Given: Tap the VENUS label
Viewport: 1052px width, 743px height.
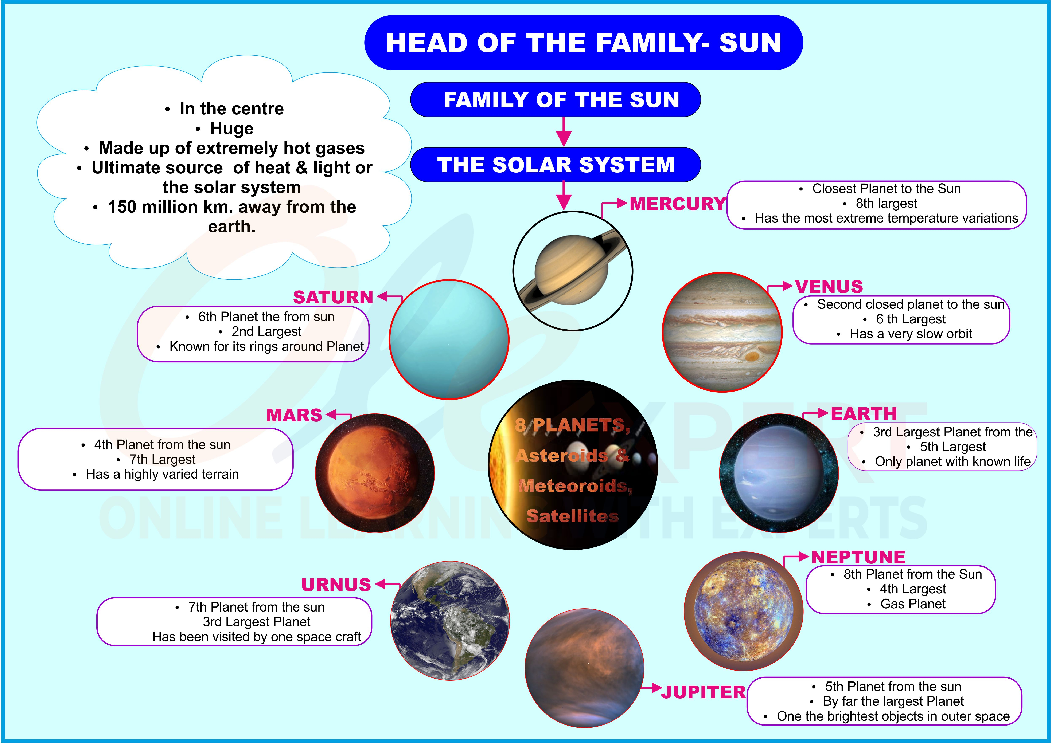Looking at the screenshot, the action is coord(829,287).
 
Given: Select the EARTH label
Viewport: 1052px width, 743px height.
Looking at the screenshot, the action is coord(864,414).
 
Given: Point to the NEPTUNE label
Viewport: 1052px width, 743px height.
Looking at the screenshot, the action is coord(858,557).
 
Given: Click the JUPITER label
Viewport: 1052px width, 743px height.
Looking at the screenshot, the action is coord(703,692).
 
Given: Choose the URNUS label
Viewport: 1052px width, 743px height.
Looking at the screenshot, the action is coord(336,585).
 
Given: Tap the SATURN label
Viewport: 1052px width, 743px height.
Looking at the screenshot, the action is coord(333,297).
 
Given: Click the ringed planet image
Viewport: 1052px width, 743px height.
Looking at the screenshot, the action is coord(573,271).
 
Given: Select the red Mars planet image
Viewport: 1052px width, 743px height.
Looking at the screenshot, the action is coord(375,473).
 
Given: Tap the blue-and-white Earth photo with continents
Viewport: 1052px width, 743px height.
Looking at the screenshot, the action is coord(450,621).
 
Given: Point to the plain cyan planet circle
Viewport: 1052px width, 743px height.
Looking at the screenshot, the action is coord(449,339).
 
